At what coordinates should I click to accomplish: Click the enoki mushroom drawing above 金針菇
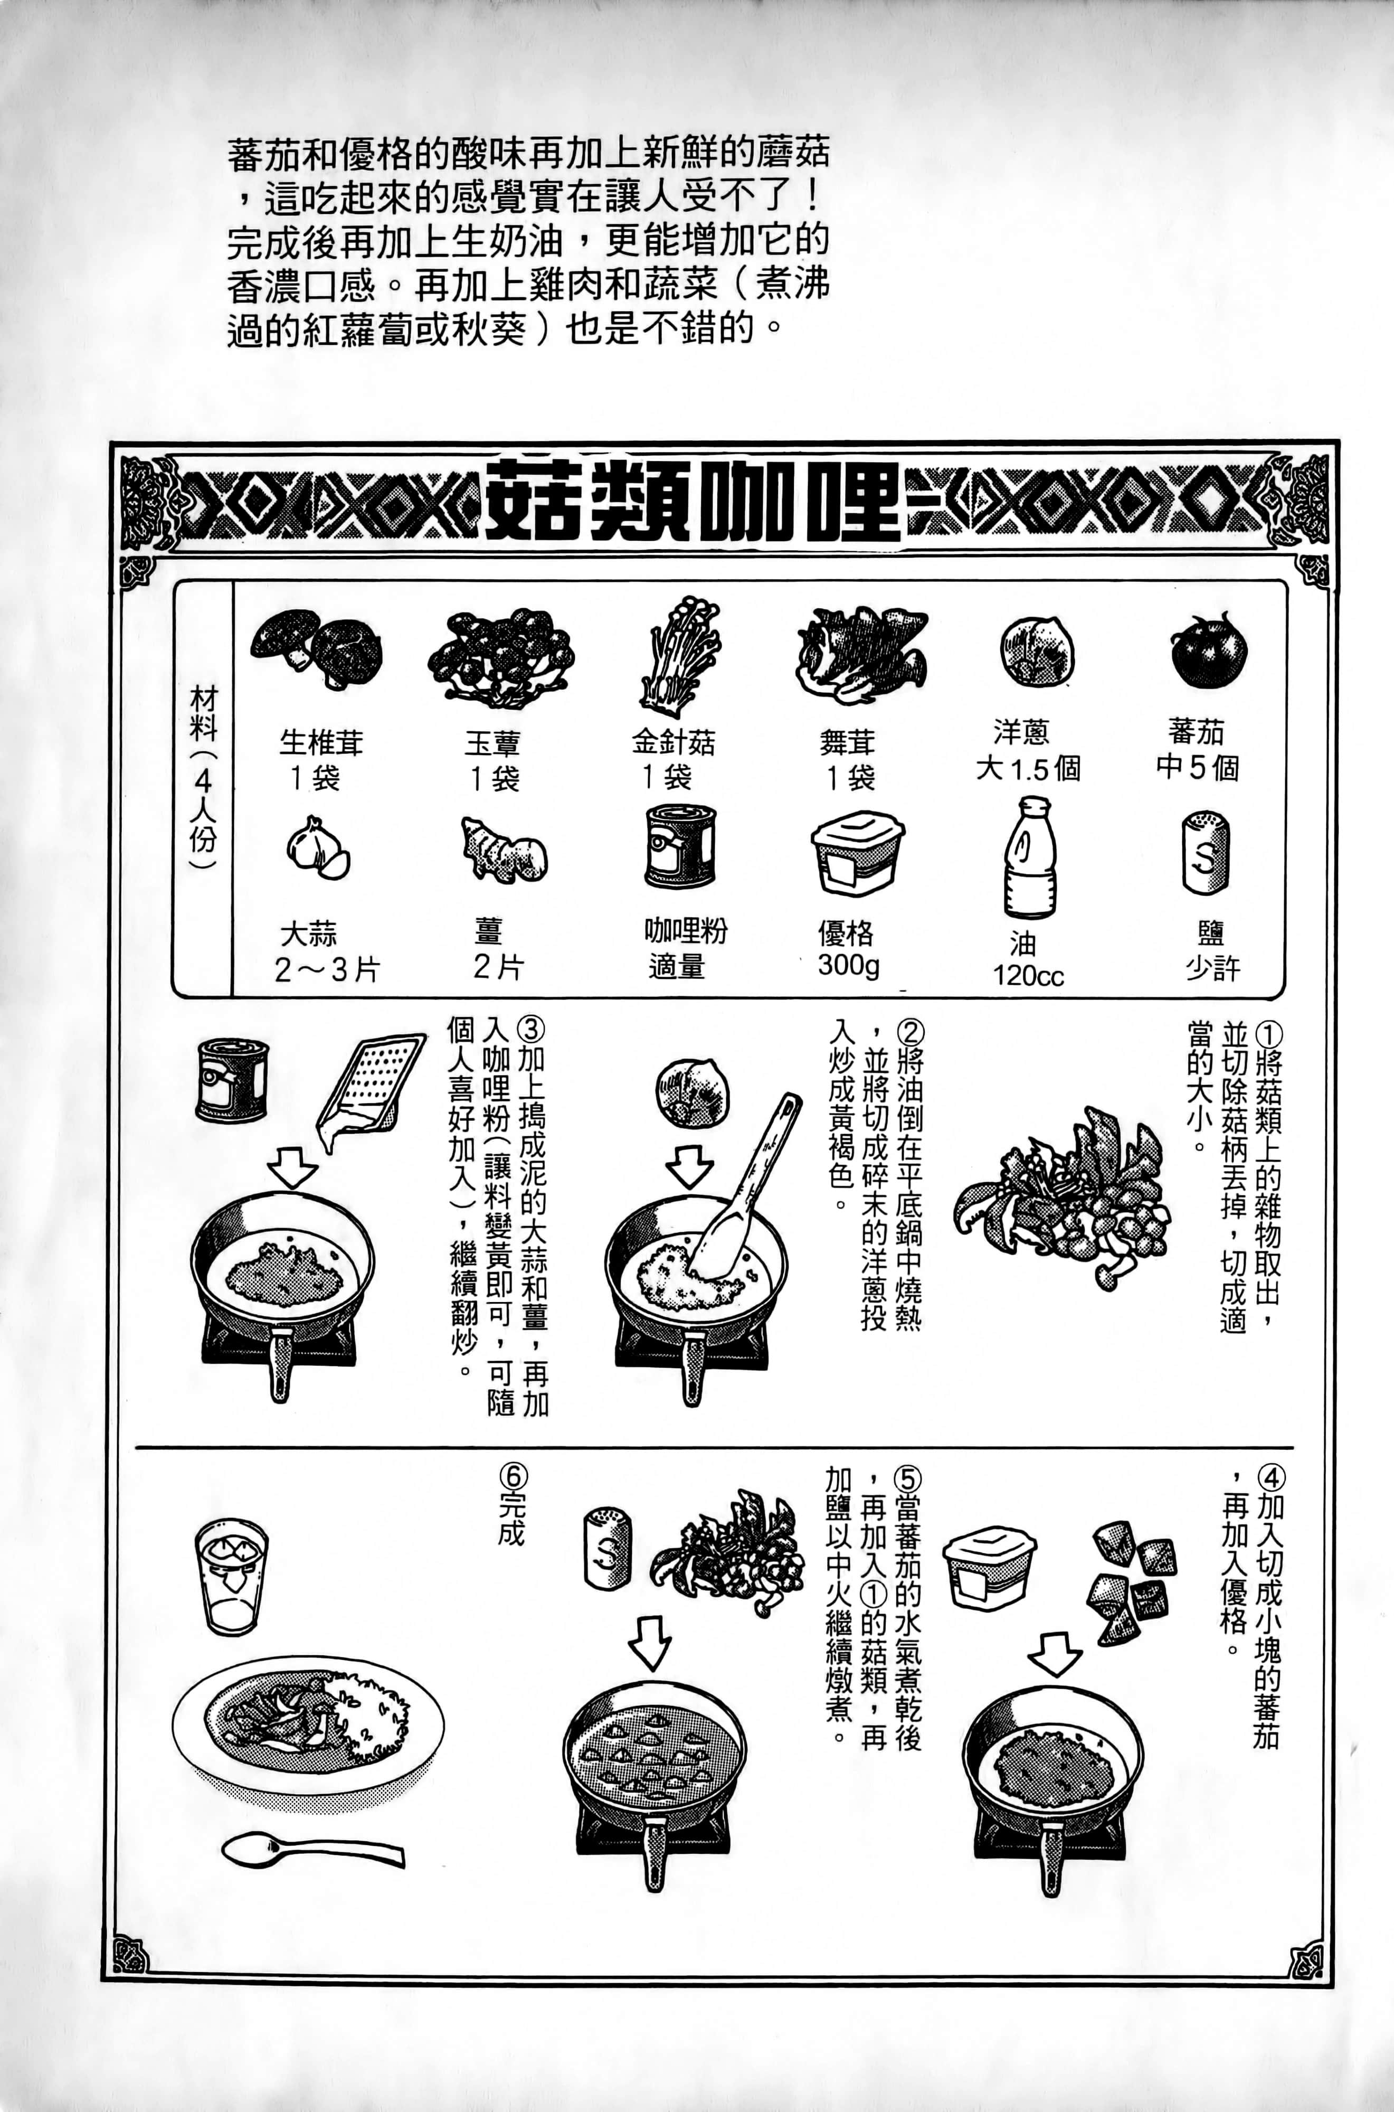pos(680,656)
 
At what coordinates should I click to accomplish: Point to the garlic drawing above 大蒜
pos(317,848)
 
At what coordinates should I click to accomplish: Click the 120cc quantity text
pos(1029,976)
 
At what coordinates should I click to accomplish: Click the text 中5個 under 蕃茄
pos(1197,767)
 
